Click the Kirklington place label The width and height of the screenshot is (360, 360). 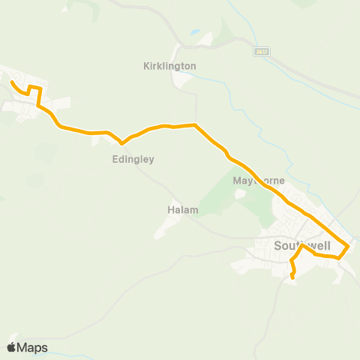tap(169, 66)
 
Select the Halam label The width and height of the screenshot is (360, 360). tap(181, 211)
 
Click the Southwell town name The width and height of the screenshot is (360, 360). tap(302, 245)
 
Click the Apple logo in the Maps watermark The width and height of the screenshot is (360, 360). tap(12, 347)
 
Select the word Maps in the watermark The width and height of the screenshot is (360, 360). tap(34, 347)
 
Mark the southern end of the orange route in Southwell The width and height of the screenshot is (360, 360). tap(292, 279)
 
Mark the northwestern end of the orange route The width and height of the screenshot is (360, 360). tap(12, 82)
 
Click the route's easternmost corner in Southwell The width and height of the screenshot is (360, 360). tap(349, 246)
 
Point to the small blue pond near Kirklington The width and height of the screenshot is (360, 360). tap(195, 33)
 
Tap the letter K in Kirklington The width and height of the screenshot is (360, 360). tap(145, 66)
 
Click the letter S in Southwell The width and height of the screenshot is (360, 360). tap(277, 245)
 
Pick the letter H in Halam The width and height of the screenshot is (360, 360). tap(170, 211)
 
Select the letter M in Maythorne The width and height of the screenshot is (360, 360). tap(236, 181)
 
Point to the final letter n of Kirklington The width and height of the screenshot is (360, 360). tap(193, 66)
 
